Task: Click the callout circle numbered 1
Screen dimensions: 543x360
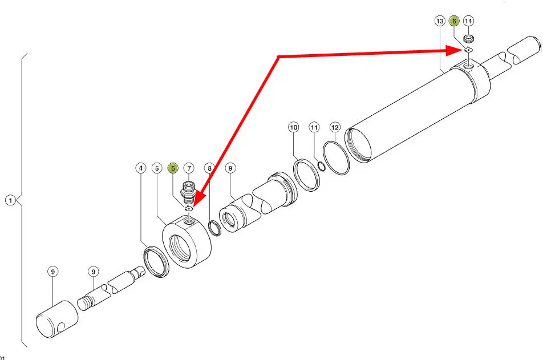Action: (x=11, y=200)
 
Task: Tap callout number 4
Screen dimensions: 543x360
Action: (x=140, y=168)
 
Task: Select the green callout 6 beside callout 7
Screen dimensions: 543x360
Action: (x=173, y=168)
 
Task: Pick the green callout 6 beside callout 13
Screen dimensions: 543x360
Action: (x=453, y=21)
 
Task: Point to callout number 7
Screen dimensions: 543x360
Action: (x=189, y=168)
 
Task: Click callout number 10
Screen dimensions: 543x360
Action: (x=293, y=127)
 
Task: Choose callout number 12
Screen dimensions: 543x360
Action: (x=335, y=127)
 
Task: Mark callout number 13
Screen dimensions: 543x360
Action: (x=440, y=21)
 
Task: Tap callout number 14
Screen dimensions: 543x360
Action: (x=468, y=21)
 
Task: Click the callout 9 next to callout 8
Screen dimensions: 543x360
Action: (x=230, y=168)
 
